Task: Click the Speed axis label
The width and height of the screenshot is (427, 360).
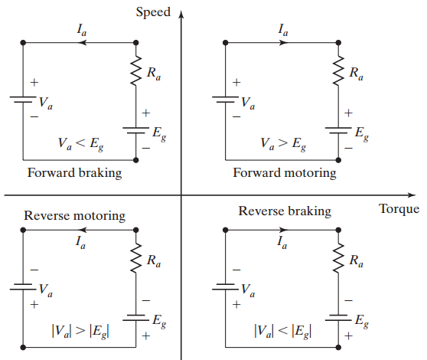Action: [x=153, y=11]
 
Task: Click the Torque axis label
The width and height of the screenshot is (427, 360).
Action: [x=399, y=209]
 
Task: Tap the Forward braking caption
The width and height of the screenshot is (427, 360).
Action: [x=74, y=172]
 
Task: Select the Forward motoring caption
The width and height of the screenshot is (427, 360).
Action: [x=285, y=172]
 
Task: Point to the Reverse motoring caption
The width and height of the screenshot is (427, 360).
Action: [x=74, y=216]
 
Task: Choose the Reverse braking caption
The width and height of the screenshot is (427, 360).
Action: [x=285, y=211]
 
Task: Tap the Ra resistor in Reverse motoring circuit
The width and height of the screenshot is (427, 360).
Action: [x=135, y=261]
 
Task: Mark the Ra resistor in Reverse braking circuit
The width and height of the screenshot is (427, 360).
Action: [x=337, y=261]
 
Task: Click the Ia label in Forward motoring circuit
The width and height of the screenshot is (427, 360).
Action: [x=282, y=31]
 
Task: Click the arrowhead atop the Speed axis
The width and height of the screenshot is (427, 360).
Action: [x=181, y=13]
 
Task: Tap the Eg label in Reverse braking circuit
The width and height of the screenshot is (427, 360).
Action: [x=360, y=322]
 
